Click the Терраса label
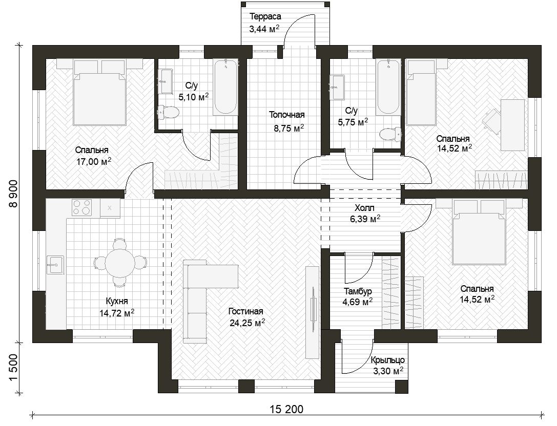(x=265, y=17)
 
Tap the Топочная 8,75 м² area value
(x=288, y=128)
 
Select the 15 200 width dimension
(x=286, y=409)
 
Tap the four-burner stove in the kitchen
(x=82, y=207)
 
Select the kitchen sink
(x=55, y=265)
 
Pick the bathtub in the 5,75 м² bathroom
(x=388, y=88)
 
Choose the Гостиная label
(x=246, y=311)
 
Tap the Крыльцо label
(x=387, y=360)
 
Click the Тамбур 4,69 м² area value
(x=358, y=302)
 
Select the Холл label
(x=364, y=208)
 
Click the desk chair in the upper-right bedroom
(x=491, y=118)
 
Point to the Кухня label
(x=117, y=301)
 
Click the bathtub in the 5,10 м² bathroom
(x=225, y=88)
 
